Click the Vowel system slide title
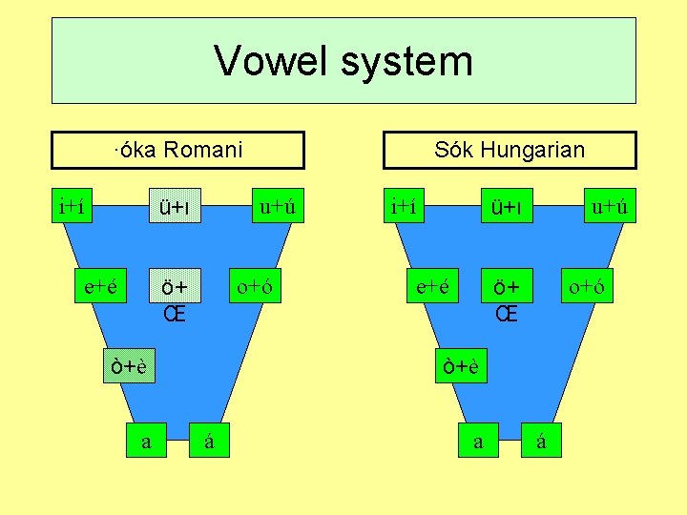(x=343, y=60)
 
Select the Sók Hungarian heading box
(x=509, y=150)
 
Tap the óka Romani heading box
(x=177, y=150)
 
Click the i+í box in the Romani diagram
(x=73, y=206)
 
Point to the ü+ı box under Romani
(x=175, y=206)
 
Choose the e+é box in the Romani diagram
(x=101, y=285)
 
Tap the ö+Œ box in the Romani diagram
(x=174, y=298)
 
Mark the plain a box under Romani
(x=146, y=441)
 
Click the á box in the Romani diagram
(x=210, y=441)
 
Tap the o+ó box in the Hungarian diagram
(x=587, y=285)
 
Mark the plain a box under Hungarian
(x=479, y=441)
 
